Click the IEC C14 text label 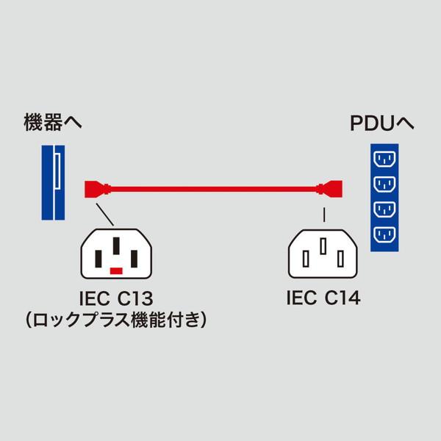pyautogui.click(x=323, y=299)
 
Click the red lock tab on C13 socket pyautogui.click(x=116, y=271)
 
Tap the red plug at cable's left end pyautogui.click(x=96, y=188)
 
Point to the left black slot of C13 pyautogui.click(x=98, y=259)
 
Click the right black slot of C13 pyautogui.click(x=135, y=259)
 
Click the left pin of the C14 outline pyautogui.click(x=306, y=258)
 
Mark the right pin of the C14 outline pyautogui.click(x=341, y=258)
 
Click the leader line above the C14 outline pyautogui.click(x=323, y=215)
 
